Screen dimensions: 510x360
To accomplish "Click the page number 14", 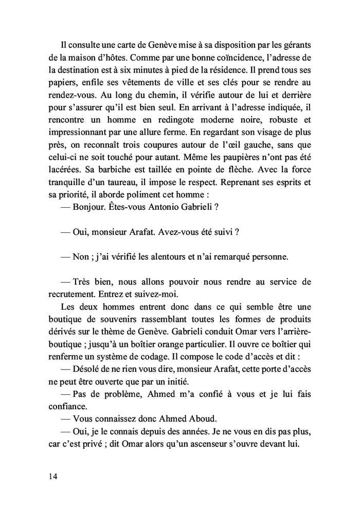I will [53, 476].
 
